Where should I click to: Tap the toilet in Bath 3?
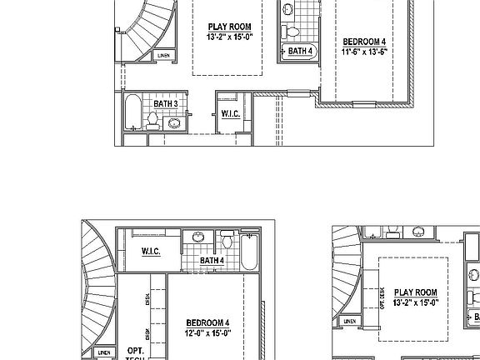point(152,122)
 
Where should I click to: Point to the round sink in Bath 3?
point(174,123)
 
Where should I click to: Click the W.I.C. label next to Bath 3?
point(231,113)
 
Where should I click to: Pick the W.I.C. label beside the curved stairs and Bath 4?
point(151,251)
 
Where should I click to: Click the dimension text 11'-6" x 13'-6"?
point(364,52)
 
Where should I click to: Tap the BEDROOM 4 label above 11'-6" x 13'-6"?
point(364,41)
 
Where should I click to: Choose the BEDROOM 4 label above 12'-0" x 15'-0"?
point(208,322)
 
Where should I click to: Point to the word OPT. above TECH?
point(135,351)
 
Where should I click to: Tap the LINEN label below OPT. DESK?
point(350,321)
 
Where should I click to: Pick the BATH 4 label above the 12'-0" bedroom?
point(212,260)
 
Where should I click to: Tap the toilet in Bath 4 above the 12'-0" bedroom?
point(227,242)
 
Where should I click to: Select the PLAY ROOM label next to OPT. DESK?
point(416,292)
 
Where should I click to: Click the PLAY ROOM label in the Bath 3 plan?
point(229,27)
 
